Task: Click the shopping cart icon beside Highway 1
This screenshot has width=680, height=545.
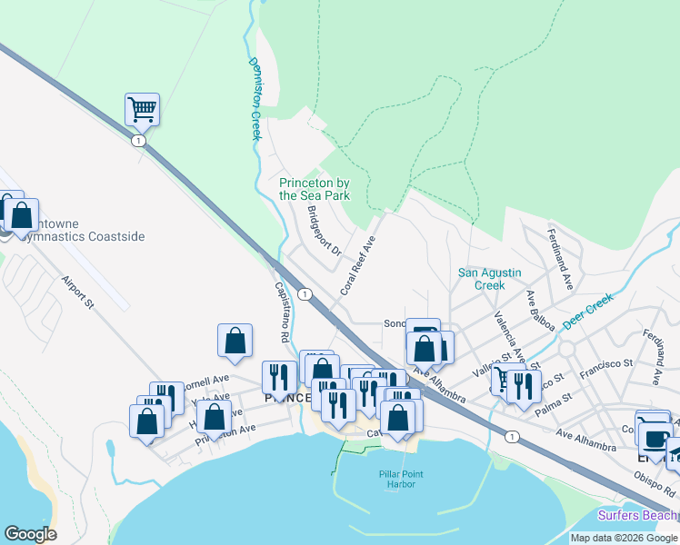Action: point(142,109)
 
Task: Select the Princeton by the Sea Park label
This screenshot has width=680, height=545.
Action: point(315,189)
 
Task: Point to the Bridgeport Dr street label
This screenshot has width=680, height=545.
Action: point(323,233)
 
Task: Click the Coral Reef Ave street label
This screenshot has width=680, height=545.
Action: point(358,266)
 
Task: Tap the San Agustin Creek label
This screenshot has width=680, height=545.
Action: point(481,278)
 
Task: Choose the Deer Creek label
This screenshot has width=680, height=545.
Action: point(587,312)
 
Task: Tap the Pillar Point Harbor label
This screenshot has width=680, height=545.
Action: point(397,479)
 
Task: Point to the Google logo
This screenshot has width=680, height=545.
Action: point(30,533)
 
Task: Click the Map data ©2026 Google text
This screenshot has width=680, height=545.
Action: point(624,538)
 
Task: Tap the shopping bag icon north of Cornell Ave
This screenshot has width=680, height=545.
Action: point(235,341)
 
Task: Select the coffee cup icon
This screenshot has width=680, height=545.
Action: point(654,438)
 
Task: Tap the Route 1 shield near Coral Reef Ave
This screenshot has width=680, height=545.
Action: point(306,293)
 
